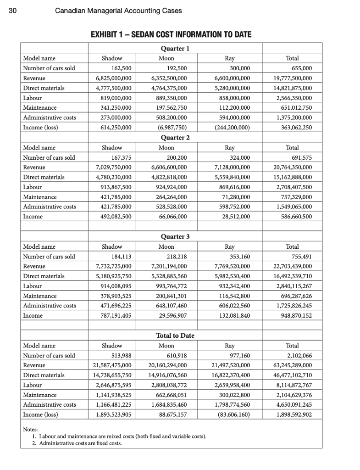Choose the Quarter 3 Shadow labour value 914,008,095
[x=112, y=286]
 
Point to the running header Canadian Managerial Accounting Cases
[x=118, y=11]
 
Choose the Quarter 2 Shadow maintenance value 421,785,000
[x=112, y=197]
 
